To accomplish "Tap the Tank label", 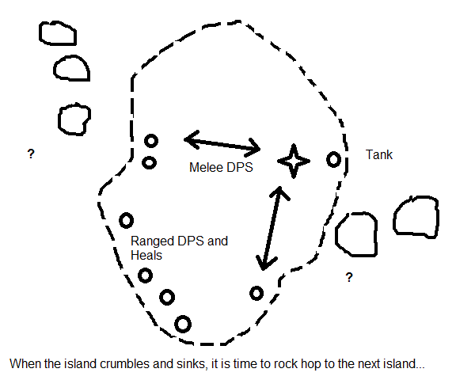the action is pos(379,154).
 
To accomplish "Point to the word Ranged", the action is pos(152,241).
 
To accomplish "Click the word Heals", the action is pos(146,255).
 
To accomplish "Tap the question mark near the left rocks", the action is pos(31,154).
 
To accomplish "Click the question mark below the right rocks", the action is pos(349,277).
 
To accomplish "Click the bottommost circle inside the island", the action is pos(183,317).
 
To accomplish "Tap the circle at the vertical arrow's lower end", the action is pos(256,287).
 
